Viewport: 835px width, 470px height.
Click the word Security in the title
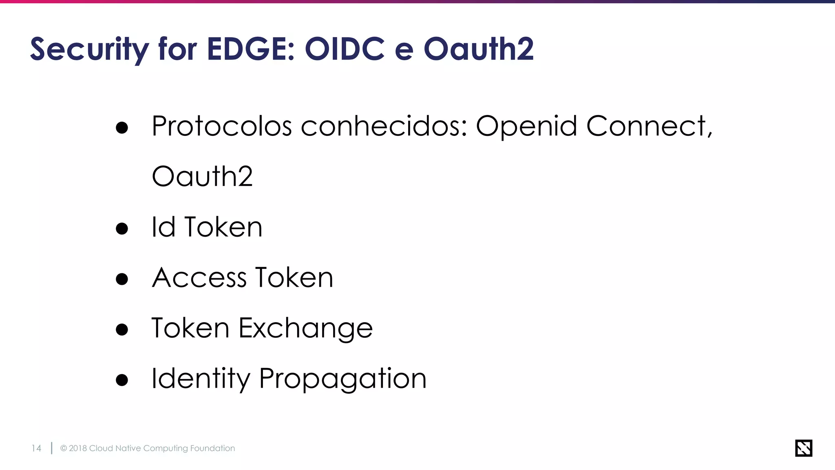tap(90, 49)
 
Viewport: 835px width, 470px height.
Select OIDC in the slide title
tap(345, 49)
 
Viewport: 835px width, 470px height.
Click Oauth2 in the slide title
tap(479, 49)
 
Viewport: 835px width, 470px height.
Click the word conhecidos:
tap(384, 126)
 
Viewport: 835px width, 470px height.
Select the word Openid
tap(526, 126)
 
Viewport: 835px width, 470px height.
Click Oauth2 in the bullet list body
tap(202, 176)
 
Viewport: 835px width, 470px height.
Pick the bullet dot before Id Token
tap(122, 228)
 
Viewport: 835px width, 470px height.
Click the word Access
tap(199, 278)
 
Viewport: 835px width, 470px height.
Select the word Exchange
tap(306, 328)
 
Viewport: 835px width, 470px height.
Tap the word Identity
tap(201, 379)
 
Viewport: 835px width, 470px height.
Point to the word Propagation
tap(342, 379)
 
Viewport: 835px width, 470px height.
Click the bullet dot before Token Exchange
tap(122, 329)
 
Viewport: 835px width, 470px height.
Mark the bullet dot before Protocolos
tap(122, 128)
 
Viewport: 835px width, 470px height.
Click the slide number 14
tap(36, 448)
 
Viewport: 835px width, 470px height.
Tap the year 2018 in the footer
tap(78, 448)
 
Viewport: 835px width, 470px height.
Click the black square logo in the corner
tap(804, 448)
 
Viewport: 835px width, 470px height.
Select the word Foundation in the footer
tap(212, 448)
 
